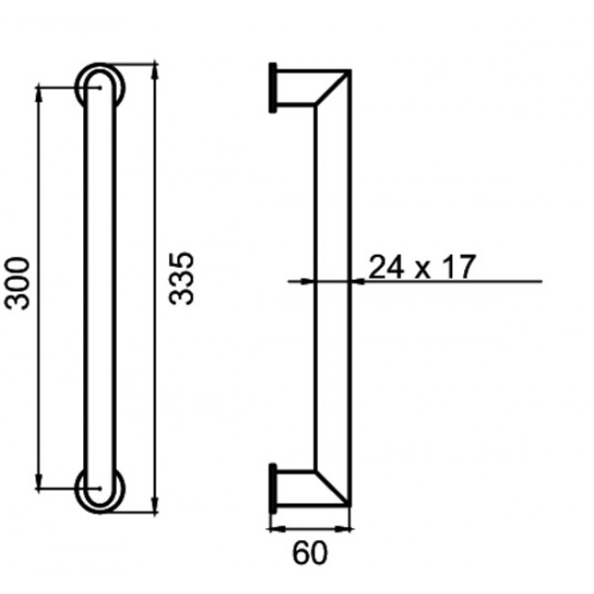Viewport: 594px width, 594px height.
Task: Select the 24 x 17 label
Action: pos(422,267)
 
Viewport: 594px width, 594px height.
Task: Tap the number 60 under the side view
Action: pos(311,553)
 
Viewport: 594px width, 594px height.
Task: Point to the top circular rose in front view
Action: pos(98,85)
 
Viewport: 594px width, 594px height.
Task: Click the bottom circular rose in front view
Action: pos(98,490)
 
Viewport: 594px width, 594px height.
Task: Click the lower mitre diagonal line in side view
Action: pos(333,484)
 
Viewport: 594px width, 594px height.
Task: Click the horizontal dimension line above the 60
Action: pos(311,527)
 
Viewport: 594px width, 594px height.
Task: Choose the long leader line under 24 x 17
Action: pos(457,281)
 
